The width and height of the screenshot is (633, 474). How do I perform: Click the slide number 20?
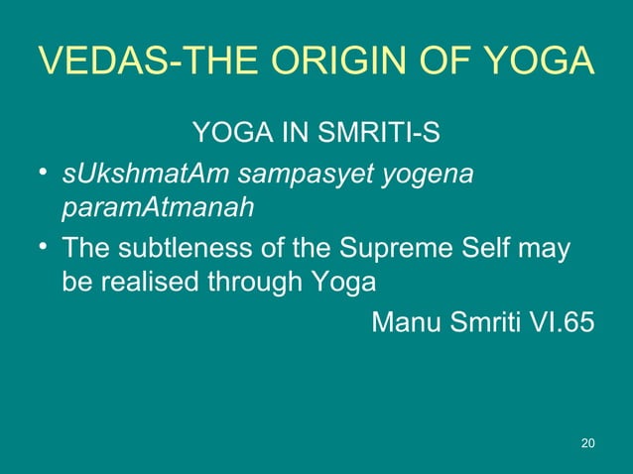pos(587,442)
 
